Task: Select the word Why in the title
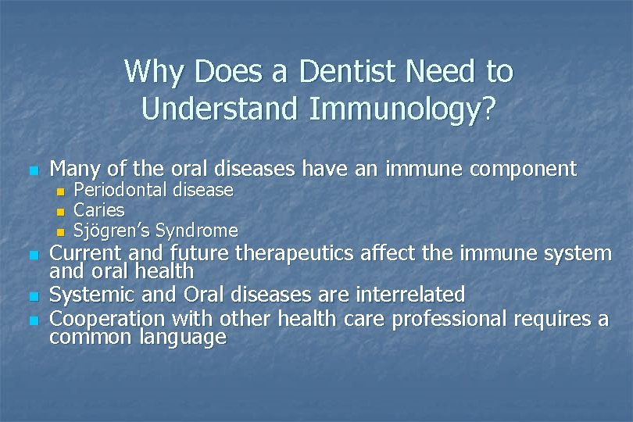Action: point(151,72)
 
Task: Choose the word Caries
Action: point(98,210)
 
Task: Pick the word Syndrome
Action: point(197,231)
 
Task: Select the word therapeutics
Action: point(297,253)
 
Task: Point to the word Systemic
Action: point(92,295)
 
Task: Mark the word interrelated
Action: point(410,295)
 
